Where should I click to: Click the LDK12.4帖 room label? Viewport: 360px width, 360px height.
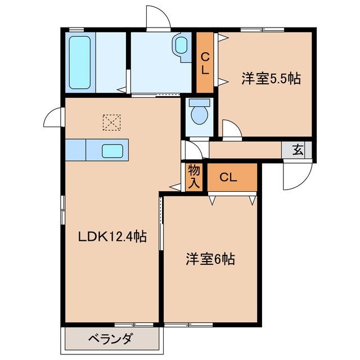pyautogui.click(x=112, y=237)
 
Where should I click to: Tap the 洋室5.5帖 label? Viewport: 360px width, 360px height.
pyautogui.click(x=271, y=79)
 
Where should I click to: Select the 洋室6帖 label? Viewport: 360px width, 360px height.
pyautogui.click(x=210, y=259)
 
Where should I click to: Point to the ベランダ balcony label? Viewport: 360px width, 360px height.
pyautogui.click(x=111, y=339)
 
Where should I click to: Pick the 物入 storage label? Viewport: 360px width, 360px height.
pyautogui.click(x=194, y=175)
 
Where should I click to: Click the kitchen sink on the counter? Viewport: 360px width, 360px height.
pyautogui.click(x=112, y=151)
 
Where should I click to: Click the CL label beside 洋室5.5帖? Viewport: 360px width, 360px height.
pyautogui.click(x=205, y=63)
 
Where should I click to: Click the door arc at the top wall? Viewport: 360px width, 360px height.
pyautogui.click(x=158, y=17)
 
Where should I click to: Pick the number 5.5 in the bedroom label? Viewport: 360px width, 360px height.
pyautogui.click(x=278, y=79)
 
